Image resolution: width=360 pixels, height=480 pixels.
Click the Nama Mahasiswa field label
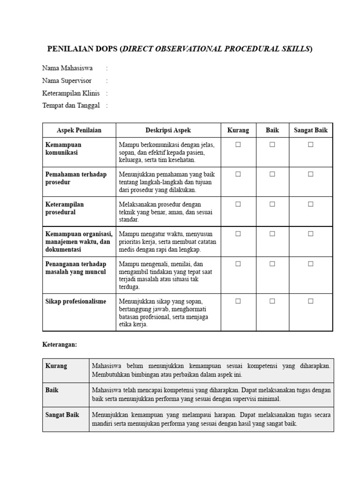[67, 68]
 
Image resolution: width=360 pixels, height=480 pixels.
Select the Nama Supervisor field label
[67, 81]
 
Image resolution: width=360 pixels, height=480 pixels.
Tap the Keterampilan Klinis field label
[71, 93]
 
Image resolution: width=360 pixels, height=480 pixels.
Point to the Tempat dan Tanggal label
[71, 105]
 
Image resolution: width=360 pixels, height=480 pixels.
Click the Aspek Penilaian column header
[79, 130]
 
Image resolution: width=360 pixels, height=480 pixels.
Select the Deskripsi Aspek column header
[168, 130]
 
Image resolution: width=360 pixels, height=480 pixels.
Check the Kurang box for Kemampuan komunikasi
[238, 145]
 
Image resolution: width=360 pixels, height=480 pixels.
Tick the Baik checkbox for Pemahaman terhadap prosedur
[272, 174]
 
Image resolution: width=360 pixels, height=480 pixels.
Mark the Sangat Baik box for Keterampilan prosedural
[310, 204]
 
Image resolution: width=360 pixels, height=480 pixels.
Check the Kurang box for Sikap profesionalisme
[238, 301]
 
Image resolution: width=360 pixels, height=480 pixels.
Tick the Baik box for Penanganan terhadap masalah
[272, 264]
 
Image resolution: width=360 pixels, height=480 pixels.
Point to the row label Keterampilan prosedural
[65, 208]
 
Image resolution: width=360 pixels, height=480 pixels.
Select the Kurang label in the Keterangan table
[56, 366]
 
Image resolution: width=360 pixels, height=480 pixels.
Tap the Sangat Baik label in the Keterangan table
[62, 414]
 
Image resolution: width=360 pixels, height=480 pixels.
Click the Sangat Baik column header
[310, 130]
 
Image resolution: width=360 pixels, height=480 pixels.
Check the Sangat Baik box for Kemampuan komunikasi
[310, 145]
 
